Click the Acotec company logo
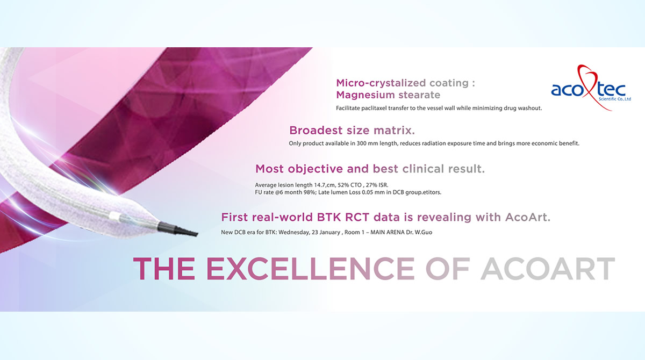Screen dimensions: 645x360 [x=591, y=88]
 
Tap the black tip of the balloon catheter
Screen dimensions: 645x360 [x=177, y=229]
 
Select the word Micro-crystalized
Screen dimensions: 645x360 [x=381, y=83]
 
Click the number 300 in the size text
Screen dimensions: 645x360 [x=361, y=143]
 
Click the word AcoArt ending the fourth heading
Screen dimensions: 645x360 [x=528, y=217]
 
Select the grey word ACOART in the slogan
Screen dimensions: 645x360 [x=548, y=269]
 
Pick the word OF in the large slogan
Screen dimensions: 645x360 [x=448, y=269]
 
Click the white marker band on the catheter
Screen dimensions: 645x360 [x=114, y=217]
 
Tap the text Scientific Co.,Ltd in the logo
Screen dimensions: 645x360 [x=615, y=99]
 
